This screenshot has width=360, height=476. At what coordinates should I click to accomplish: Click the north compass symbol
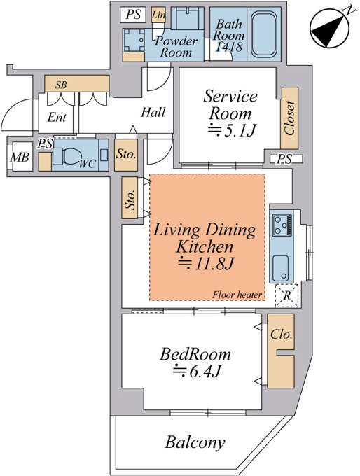tap(329, 27)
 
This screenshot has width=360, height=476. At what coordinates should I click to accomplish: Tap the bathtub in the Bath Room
tap(264, 34)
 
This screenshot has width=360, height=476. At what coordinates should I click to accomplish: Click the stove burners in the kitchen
tap(282, 225)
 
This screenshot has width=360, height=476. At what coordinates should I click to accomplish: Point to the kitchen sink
tap(281, 268)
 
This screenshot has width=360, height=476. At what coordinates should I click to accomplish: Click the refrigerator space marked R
tap(286, 295)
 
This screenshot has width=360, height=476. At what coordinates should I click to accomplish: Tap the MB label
tap(20, 157)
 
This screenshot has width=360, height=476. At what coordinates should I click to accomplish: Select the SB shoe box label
tap(61, 85)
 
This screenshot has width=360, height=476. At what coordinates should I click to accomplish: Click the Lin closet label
tap(158, 14)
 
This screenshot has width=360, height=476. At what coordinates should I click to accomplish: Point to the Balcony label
tap(195, 443)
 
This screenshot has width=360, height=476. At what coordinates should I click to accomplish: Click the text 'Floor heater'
tap(237, 295)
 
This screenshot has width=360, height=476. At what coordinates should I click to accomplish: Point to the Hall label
tap(153, 112)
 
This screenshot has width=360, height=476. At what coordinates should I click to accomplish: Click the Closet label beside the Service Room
tap(290, 118)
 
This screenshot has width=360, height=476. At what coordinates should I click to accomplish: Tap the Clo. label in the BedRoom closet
tap(282, 334)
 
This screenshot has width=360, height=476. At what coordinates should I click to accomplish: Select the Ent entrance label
tap(57, 117)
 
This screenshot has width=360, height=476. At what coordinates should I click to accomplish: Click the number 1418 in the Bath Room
tap(229, 46)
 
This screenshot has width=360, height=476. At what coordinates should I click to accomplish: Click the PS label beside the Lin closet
tap(133, 14)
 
